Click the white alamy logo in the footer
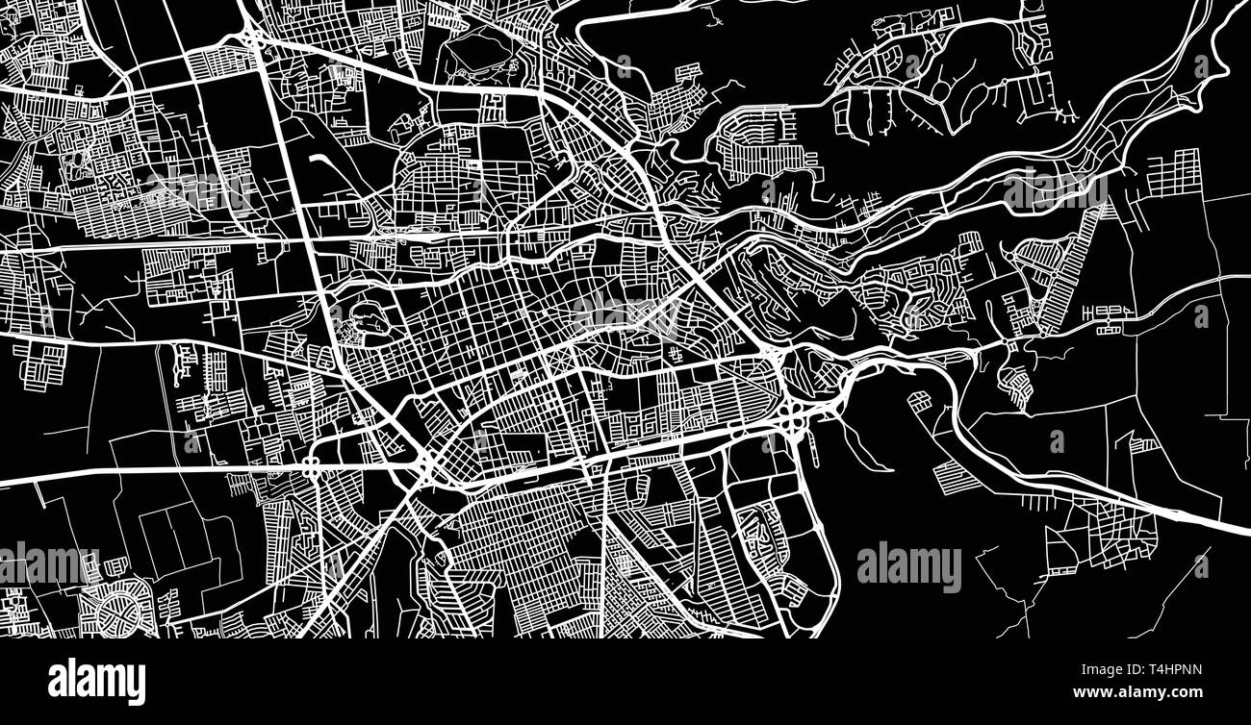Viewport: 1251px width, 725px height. click(96, 680)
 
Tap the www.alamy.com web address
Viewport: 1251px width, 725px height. click(1136, 692)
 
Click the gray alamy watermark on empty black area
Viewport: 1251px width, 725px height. click(908, 567)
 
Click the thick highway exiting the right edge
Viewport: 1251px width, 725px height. click(1222, 523)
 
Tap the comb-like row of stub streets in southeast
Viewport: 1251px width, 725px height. click(1038, 503)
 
